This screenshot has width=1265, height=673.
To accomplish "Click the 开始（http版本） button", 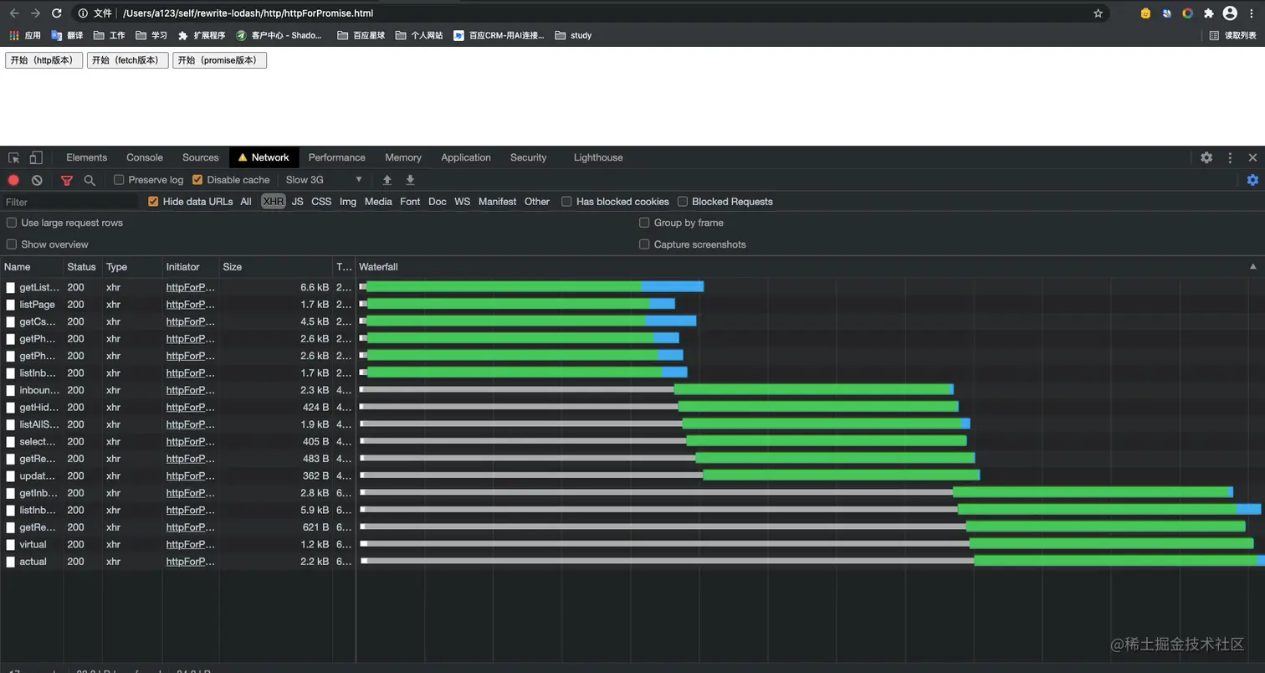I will pyautogui.click(x=44, y=60).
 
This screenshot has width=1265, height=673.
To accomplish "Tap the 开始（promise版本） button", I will pyautogui.click(x=219, y=60).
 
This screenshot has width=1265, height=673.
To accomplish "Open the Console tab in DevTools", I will pyautogui.click(x=145, y=157).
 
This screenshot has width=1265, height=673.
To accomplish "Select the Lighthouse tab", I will pyautogui.click(x=598, y=157).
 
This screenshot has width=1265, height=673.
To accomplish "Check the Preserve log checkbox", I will pyautogui.click(x=119, y=180).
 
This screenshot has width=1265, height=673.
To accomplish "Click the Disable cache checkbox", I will pyautogui.click(x=197, y=180).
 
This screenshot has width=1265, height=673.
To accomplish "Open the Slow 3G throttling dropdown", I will pyautogui.click(x=324, y=180).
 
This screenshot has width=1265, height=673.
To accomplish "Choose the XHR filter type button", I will pyautogui.click(x=273, y=202).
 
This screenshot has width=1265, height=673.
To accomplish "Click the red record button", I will pyautogui.click(x=13, y=180).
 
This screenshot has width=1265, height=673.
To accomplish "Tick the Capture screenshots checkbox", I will pyautogui.click(x=644, y=244).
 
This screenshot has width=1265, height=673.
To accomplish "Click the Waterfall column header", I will pyautogui.click(x=378, y=267).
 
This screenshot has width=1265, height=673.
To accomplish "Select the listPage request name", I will pyautogui.click(x=37, y=305).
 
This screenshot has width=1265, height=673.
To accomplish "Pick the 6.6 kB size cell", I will pyautogui.click(x=315, y=287).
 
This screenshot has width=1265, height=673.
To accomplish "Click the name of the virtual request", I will pyautogui.click(x=33, y=544).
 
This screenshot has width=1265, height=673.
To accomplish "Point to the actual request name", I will pyautogui.click(x=33, y=562).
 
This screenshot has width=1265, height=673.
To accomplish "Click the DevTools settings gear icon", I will pyautogui.click(x=1206, y=157).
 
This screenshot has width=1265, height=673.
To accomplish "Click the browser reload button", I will pyautogui.click(x=56, y=13).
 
